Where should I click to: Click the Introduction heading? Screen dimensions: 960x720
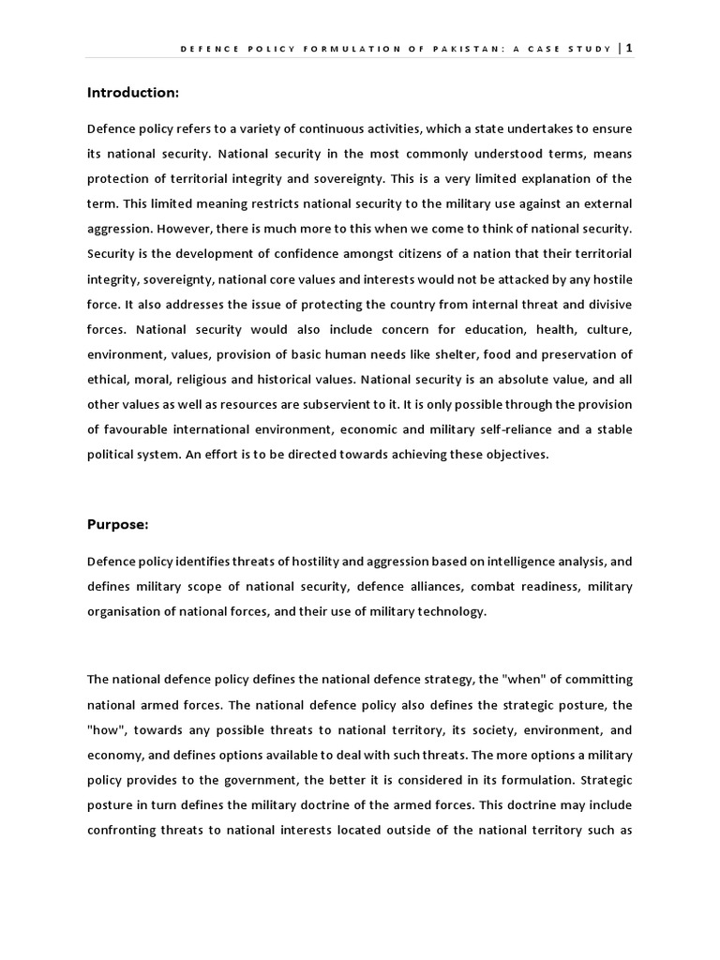tap(132, 92)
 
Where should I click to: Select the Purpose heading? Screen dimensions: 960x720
tap(117, 524)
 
